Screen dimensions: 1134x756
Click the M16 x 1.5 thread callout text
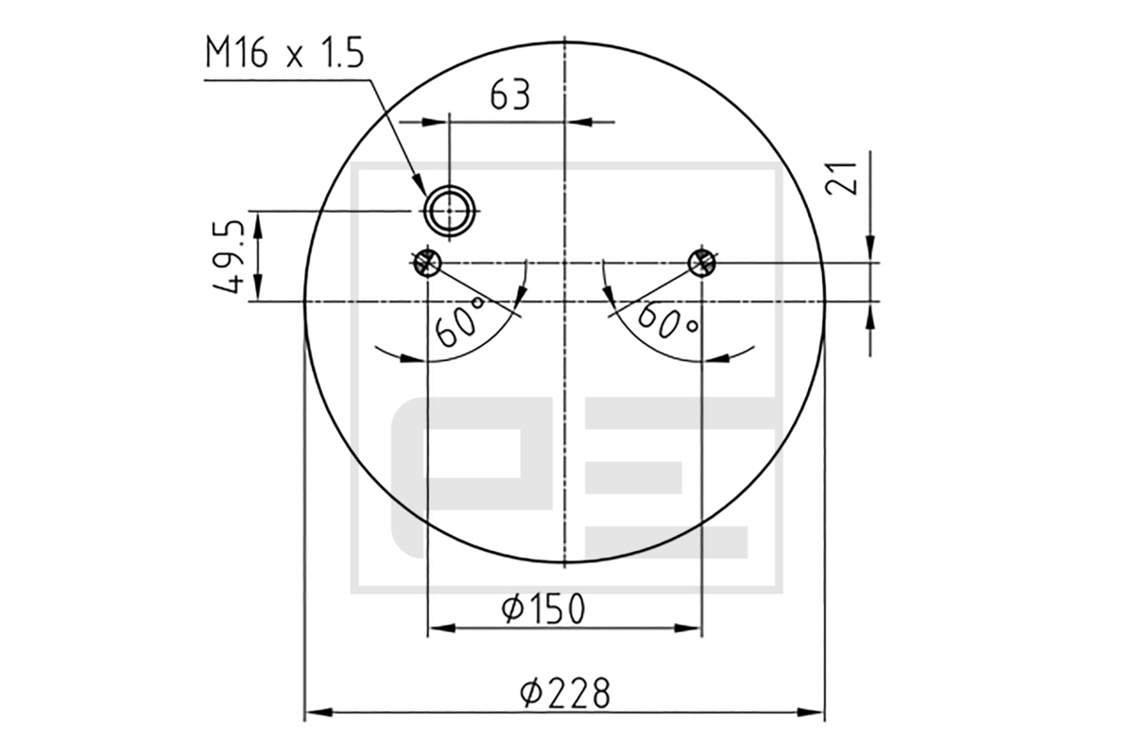[284, 52]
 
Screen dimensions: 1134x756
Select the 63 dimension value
[509, 94]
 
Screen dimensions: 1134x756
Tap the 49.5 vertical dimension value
[229, 257]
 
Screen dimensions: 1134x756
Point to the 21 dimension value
[841, 178]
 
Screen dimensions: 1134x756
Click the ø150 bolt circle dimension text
[543, 609]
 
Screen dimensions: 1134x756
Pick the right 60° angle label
[668, 322]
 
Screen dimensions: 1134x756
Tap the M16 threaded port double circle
[450, 211]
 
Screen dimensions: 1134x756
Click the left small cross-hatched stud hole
[427, 263]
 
